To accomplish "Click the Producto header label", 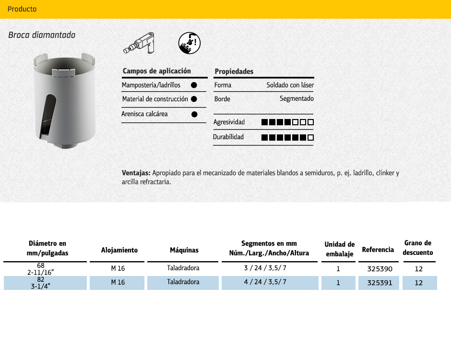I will pyautogui.click(x=22, y=9).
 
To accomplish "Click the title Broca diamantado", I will pyautogui.click(x=42, y=35).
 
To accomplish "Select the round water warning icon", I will pyautogui.click(x=189, y=43).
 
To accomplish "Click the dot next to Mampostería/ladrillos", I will pyautogui.click(x=194, y=85).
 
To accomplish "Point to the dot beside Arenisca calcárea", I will pyautogui.click(x=194, y=114).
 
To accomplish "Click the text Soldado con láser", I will pyautogui.click(x=290, y=85).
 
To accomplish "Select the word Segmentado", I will pyautogui.click(x=297, y=99).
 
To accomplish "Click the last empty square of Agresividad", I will pyautogui.click(x=310, y=122).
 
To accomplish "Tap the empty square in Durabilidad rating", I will pyautogui.click(x=310, y=137).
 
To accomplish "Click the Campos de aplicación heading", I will pyautogui.click(x=157, y=71).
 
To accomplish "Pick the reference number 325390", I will pyautogui.click(x=380, y=269).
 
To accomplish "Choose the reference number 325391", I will pyautogui.click(x=380, y=283).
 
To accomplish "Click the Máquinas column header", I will pyautogui.click(x=184, y=250).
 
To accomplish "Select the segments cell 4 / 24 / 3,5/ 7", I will pyautogui.click(x=265, y=282).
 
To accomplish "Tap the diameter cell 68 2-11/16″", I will pyautogui.click(x=41, y=268).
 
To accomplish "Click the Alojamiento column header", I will pyautogui.click(x=119, y=250).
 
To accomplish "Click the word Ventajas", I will pyautogui.click(x=136, y=173).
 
